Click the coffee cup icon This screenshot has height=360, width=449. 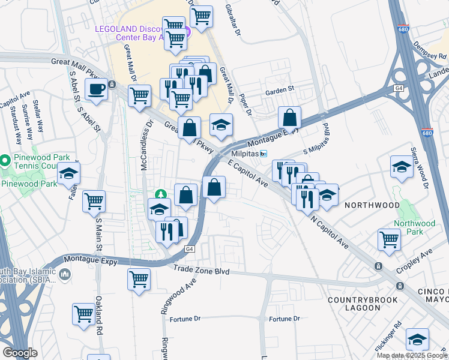pyautogui.click(x=96, y=90)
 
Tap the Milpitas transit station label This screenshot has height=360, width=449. pyautogui.click(x=249, y=154)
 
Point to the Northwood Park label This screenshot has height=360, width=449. pyautogui.click(x=415, y=227)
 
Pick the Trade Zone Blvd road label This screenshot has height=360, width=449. pyautogui.click(x=202, y=271)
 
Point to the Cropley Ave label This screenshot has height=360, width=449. pyautogui.click(x=418, y=260)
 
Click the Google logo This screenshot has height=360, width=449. pyautogui.click(x=20, y=353)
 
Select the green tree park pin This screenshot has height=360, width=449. pyautogui.click(x=161, y=195)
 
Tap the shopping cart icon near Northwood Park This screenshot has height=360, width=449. pyautogui.click(x=390, y=239)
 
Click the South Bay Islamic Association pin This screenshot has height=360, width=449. pyautogui.click(x=65, y=275)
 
